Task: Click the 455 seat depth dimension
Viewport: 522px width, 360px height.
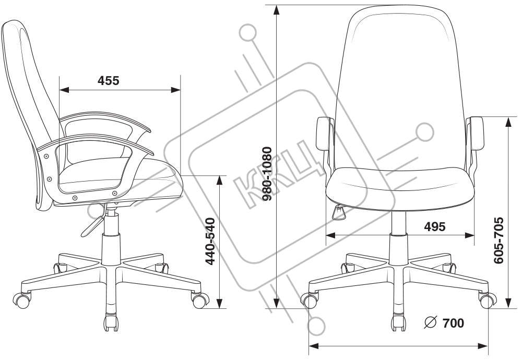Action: point(108,81)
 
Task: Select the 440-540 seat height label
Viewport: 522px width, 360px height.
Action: point(210,241)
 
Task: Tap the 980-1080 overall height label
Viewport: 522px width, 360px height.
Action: point(267,174)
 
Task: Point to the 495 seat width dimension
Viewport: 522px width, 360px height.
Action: point(435,226)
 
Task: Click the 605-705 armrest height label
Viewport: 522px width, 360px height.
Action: point(499,241)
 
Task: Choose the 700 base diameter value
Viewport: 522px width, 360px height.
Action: point(453,323)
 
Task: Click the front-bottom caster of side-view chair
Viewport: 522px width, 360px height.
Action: point(112,321)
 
